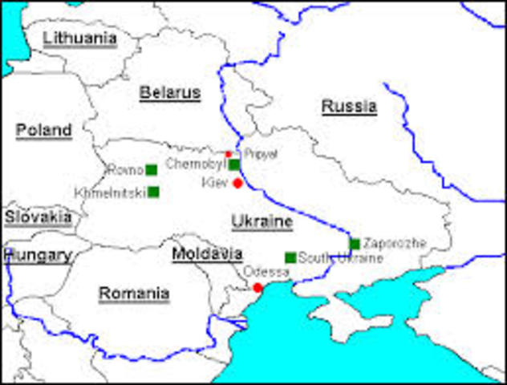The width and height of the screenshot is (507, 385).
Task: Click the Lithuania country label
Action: [x=79, y=38]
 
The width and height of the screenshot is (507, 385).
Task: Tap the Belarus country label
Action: [x=169, y=93]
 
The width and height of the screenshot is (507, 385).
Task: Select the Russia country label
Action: [x=349, y=106]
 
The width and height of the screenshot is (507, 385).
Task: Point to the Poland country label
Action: [x=43, y=130]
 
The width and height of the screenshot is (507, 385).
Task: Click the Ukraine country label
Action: [x=262, y=221]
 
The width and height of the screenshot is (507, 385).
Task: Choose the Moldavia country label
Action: [x=207, y=254]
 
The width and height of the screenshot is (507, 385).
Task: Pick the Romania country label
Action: [x=134, y=294]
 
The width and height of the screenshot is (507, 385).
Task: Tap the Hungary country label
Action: [x=38, y=256]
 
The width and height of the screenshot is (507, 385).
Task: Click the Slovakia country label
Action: [x=38, y=217]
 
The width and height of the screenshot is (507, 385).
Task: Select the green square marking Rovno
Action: [x=151, y=170]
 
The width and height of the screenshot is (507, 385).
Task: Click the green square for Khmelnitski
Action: [x=153, y=192]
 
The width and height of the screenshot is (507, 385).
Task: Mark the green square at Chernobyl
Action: [x=234, y=164]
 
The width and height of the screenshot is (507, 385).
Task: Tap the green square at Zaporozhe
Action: [x=355, y=244]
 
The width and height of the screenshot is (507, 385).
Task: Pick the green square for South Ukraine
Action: [x=290, y=257]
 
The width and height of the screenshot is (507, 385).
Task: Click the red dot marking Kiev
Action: [x=237, y=184]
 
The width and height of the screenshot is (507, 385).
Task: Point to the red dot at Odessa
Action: [x=258, y=287]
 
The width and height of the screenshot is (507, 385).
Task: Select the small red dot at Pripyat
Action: [x=229, y=153]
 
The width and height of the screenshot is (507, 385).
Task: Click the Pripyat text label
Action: [x=261, y=153]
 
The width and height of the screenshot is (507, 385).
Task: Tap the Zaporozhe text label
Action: [x=394, y=243]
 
